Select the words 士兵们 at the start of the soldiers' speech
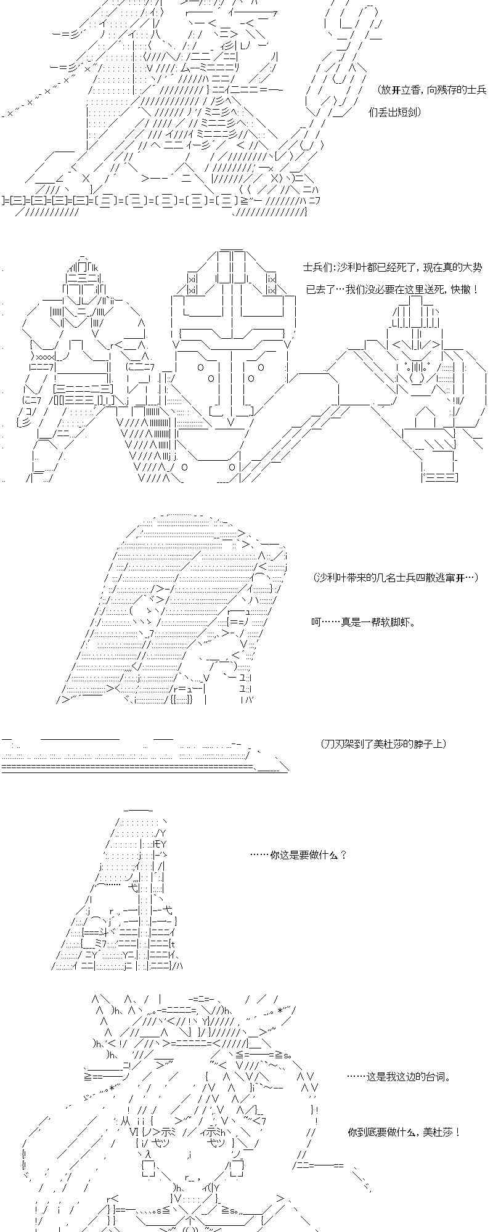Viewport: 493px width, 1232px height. (317, 267)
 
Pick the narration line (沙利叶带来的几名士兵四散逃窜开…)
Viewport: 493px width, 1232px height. (395, 577)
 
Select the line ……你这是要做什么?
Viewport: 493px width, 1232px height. (298, 854)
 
